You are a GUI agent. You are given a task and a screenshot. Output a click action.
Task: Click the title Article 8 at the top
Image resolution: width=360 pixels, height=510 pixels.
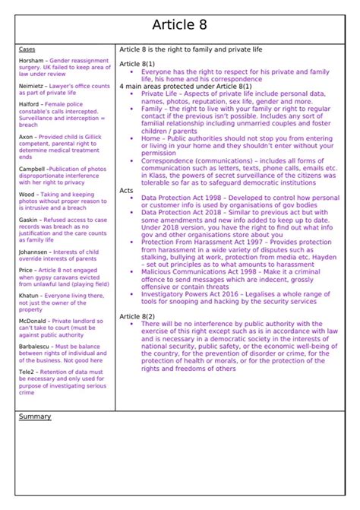coord(180,24)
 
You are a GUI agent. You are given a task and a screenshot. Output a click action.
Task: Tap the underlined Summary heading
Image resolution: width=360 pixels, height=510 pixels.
coord(34,417)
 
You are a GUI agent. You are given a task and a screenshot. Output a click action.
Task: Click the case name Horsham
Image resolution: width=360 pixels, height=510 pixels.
coord(31,61)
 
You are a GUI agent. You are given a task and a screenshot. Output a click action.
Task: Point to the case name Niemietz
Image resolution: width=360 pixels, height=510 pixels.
coord(32,87)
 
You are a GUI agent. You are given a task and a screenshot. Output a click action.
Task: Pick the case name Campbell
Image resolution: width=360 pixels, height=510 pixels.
coord(32,169)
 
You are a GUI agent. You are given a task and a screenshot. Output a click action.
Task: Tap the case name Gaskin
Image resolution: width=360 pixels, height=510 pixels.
coord(29,220)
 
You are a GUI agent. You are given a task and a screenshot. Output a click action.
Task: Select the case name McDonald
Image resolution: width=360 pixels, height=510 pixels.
coord(33,321)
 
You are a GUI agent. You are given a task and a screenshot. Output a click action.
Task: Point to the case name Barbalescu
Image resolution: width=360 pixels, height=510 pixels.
coord(35,347)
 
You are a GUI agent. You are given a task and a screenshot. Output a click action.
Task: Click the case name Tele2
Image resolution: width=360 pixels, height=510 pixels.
coord(27,372)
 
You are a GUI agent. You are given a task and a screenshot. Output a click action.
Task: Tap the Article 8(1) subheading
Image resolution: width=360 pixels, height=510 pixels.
coord(137,64)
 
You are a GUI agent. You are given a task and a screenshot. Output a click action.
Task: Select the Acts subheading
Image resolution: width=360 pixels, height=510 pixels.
coord(126,190)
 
